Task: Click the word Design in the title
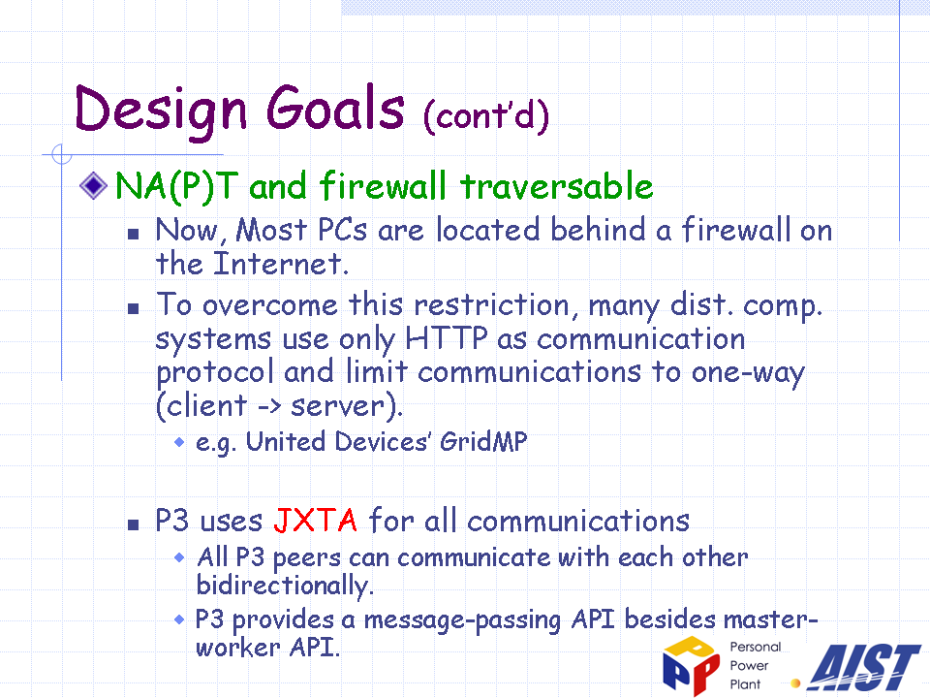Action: click(x=160, y=110)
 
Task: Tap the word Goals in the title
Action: click(x=335, y=108)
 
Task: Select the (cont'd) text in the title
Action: click(x=486, y=114)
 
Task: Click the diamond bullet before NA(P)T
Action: click(x=93, y=185)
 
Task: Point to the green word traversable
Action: click(x=557, y=186)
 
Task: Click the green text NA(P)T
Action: click(x=176, y=186)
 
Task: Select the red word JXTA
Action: click(x=315, y=521)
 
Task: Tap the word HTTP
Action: click(x=446, y=338)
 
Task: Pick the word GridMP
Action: click(x=483, y=442)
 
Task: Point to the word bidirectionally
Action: click(x=285, y=586)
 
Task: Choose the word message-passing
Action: click(x=462, y=620)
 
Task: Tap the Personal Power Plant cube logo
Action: click(x=691, y=665)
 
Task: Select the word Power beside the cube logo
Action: click(x=749, y=665)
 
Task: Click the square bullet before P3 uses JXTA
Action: click(x=134, y=524)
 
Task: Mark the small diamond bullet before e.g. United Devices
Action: click(x=179, y=442)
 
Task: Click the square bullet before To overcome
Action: click(x=134, y=308)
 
